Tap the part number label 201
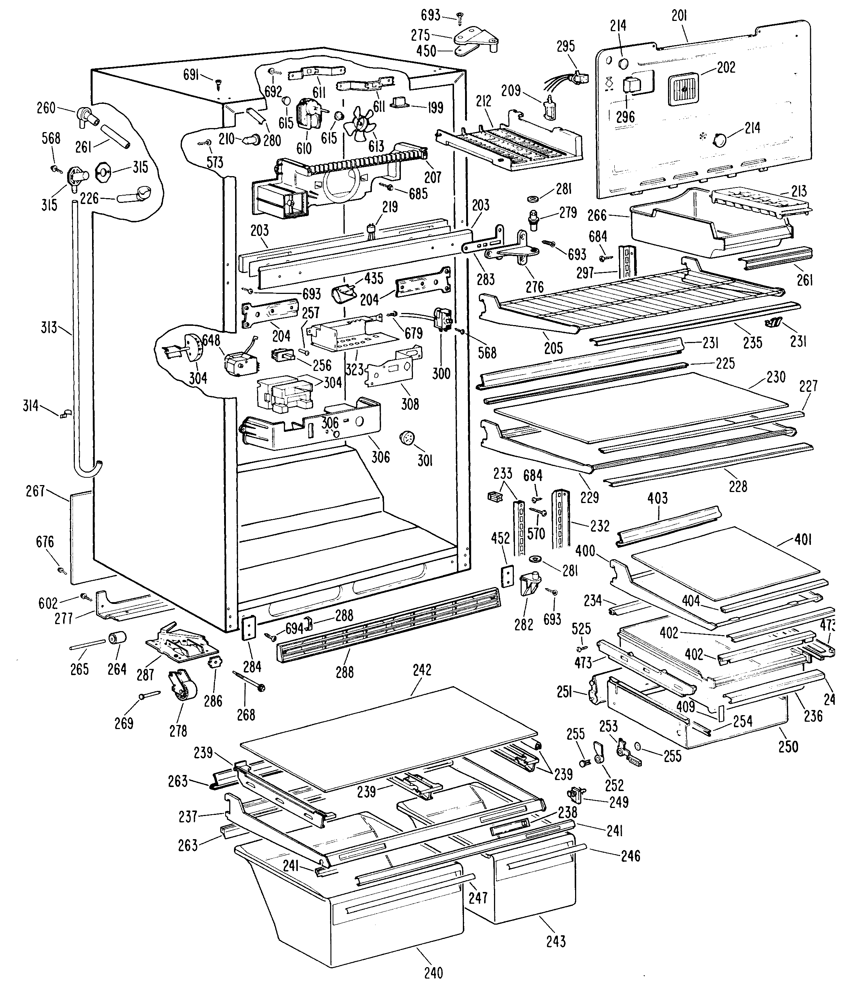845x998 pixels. click(x=679, y=16)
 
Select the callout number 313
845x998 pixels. click(x=49, y=328)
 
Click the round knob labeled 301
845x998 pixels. click(x=407, y=438)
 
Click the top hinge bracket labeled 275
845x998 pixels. click(x=474, y=37)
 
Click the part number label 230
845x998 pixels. click(x=776, y=377)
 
